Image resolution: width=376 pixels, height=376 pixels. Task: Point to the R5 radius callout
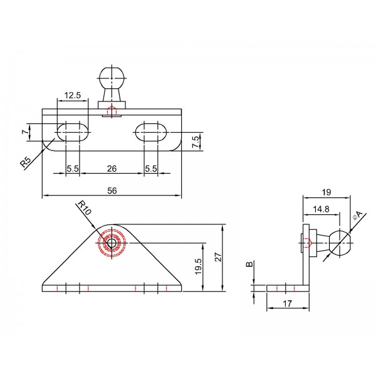(26, 162)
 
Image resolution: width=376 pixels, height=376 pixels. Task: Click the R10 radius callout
(83, 207)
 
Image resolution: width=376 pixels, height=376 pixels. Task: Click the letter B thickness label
(249, 266)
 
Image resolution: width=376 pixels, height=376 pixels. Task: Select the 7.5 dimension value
(196, 142)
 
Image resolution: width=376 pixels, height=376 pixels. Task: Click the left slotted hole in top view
(73, 132)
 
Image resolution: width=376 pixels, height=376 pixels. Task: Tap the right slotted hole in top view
(151, 132)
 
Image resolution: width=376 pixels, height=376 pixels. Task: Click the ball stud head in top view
(112, 80)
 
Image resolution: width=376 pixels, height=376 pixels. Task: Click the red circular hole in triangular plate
(112, 243)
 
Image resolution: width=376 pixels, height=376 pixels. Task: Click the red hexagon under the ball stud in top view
(112, 112)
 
